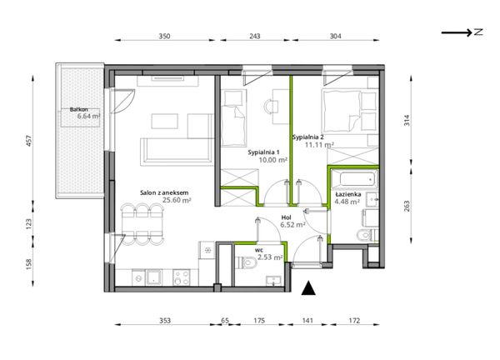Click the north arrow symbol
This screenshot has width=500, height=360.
click(x=462, y=32)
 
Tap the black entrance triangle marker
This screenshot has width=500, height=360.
click(x=308, y=288)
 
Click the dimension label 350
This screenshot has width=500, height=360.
click(x=164, y=36)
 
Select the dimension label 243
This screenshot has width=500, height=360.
click(x=254, y=36)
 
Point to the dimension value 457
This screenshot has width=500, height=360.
click(x=29, y=141)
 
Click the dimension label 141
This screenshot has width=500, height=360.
click(x=307, y=321)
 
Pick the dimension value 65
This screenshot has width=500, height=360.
click(x=225, y=321)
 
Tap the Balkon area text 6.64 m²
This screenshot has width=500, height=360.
click(x=88, y=116)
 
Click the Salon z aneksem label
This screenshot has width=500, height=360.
click(x=164, y=192)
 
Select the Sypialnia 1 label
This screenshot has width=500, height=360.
click(x=263, y=152)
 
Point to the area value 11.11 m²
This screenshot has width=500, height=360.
click(x=319, y=145)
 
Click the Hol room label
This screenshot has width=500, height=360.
click(x=286, y=217)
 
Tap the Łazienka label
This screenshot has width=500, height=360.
click(x=347, y=194)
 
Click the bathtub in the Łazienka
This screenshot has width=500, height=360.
click(x=354, y=179)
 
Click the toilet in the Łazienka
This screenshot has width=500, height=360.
click(x=367, y=235)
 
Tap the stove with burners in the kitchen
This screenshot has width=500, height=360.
click(x=182, y=277)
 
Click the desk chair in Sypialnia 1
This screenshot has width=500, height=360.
click(x=271, y=106)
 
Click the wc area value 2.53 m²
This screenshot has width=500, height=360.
click(x=270, y=257)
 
